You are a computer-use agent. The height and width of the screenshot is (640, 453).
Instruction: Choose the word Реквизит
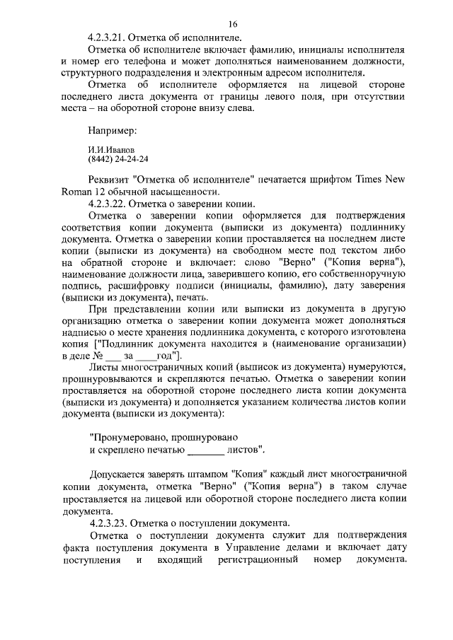coord(110,180)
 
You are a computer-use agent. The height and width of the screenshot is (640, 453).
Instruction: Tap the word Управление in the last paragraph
coord(260,549)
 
